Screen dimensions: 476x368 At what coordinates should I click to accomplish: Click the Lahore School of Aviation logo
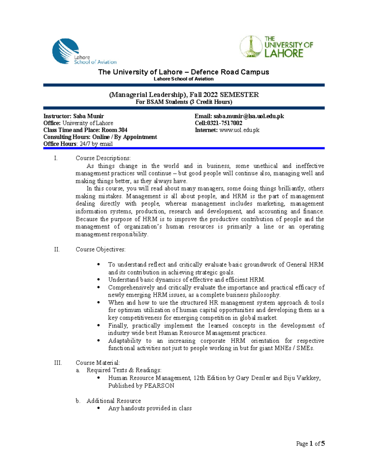(x=83, y=51)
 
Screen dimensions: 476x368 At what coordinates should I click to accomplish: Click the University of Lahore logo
(x=276, y=47)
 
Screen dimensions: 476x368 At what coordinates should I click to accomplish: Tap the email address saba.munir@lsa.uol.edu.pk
(x=248, y=116)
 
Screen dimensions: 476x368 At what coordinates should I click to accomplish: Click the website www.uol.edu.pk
(x=239, y=130)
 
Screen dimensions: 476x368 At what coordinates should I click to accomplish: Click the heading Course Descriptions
(x=103, y=158)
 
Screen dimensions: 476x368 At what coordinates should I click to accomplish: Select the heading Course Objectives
(x=101, y=249)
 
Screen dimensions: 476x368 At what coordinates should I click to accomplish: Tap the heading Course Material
(x=98, y=363)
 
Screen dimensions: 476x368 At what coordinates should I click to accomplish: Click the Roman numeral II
(x=57, y=249)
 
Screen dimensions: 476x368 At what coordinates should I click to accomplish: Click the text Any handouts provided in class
(x=150, y=408)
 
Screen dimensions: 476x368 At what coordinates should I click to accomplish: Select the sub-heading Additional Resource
(x=114, y=401)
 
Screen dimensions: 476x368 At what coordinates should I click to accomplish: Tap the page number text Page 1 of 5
(x=310, y=444)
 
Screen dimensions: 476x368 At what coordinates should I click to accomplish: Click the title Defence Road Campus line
(x=183, y=72)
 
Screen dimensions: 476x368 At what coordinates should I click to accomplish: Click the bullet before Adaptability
(x=98, y=341)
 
